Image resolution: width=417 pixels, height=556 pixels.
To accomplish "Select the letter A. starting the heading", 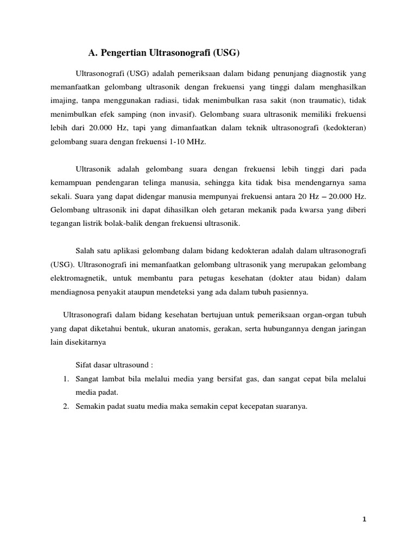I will pyautogui.click(x=92, y=53).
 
